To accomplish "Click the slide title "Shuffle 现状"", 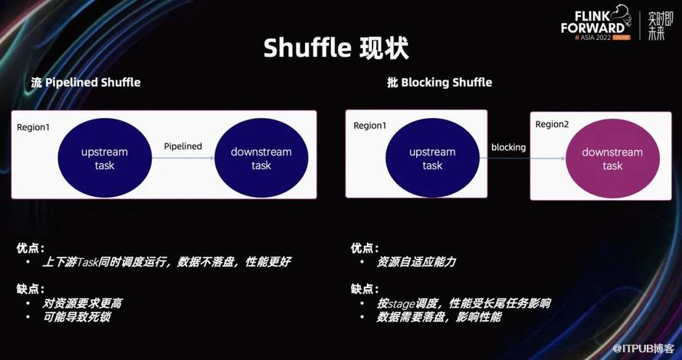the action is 336,47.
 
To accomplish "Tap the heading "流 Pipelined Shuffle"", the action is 86,82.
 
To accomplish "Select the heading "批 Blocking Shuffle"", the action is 439,82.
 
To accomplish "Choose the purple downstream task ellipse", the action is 612,159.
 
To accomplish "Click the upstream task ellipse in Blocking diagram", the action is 432,159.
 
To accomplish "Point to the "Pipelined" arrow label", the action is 182,146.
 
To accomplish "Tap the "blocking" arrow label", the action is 509,147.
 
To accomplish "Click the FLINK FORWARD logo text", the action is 594,23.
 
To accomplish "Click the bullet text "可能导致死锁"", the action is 77,317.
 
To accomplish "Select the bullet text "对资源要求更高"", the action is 82,303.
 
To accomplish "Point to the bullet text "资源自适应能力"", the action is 416,262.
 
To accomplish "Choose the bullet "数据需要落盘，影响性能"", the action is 439,317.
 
